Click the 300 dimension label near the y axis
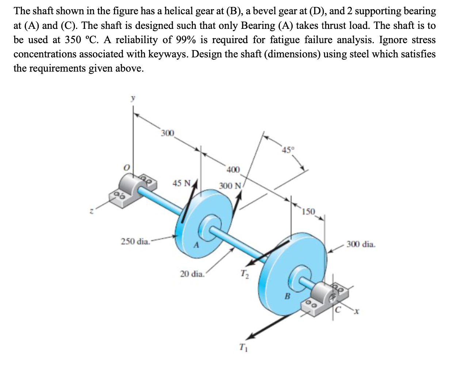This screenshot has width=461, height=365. click(x=168, y=133)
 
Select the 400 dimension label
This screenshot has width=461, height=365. click(x=233, y=170)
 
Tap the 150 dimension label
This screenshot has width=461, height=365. click(x=309, y=212)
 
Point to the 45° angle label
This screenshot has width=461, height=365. click(x=287, y=149)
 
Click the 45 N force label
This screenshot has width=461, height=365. click(x=182, y=183)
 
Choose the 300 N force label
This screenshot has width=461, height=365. click(x=230, y=186)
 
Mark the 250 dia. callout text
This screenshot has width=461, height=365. click(x=135, y=242)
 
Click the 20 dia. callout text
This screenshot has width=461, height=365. click(x=192, y=274)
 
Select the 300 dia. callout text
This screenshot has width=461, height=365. click(x=361, y=244)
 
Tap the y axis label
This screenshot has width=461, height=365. click(x=133, y=98)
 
